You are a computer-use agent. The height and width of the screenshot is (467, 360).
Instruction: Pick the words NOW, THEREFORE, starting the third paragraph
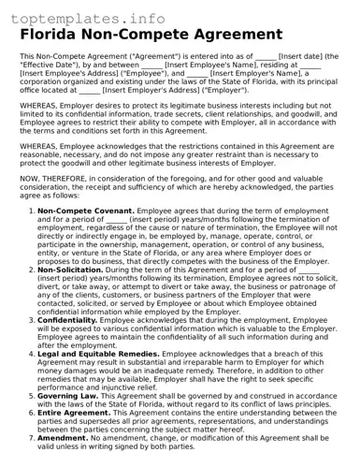click(x=55, y=180)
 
